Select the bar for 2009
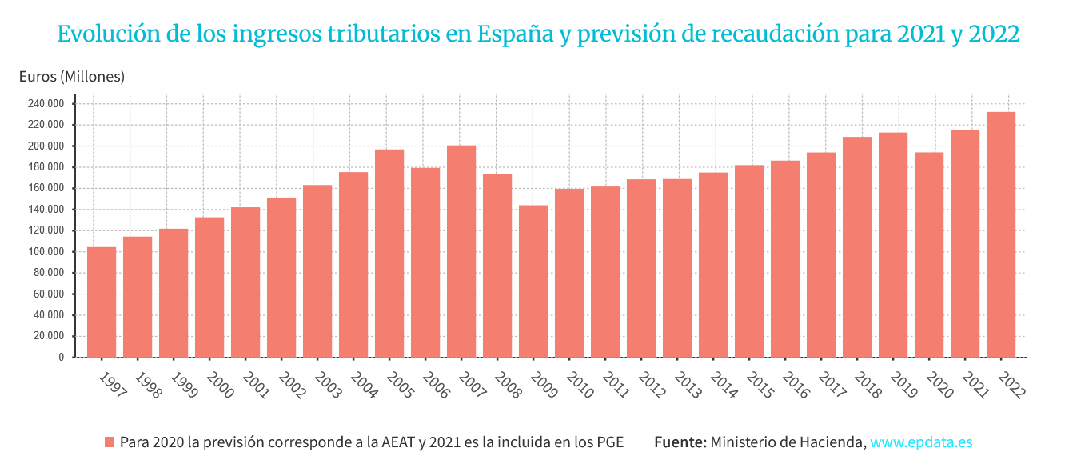pyautogui.click(x=533, y=282)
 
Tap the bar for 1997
pyautogui.click(x=102, y=302)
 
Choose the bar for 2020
pyautogui.click(x=929, y=255)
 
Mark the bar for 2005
pyautogui.click(x=389, y=254)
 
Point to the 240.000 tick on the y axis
pyautogui.click(x=46, y=104)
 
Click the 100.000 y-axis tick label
pyautogui.click(x=46, y=252)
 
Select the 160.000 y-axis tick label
pyautogui.click(x=46, y=188)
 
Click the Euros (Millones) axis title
pyautogui.click(x=72, y=77)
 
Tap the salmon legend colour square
pyautogui.click(x=110, y=442)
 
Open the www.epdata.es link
pyautogui.click(x=921, y=442)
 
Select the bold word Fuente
pyautogui.click(x=680, y=442)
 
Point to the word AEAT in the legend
pyautogui.click(x=397, y=442)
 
